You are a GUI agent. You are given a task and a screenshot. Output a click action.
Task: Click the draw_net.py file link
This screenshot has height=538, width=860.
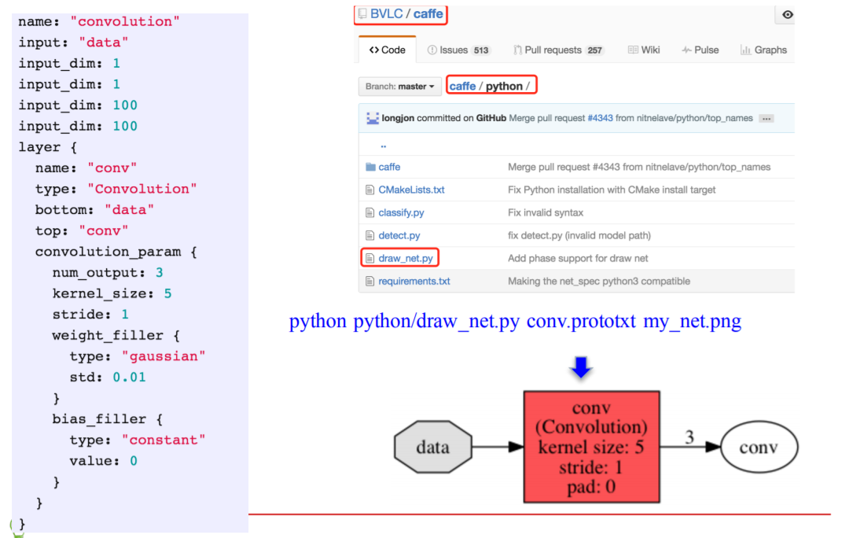tap(406, 258)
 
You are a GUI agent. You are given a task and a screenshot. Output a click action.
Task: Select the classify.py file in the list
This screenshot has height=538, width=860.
tap(401, 212)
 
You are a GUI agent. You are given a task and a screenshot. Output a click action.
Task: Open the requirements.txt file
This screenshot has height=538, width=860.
tap(414, 281)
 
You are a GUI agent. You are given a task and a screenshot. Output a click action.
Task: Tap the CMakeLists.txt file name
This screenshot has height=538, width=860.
tap(411, 190)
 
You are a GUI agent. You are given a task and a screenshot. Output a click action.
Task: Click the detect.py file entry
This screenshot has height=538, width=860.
tap(399, 235)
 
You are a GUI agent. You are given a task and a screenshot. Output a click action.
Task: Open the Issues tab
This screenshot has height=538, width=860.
tap(458, 50)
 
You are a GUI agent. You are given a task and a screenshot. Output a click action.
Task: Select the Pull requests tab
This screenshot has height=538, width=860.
tap(557, 50)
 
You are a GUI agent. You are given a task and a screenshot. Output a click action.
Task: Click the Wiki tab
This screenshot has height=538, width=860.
tap(644, 50)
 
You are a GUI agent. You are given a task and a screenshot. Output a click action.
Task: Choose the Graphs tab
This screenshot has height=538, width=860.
tap(763, 50)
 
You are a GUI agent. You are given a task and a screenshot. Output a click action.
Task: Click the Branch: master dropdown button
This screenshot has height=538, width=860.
tap(399, 87)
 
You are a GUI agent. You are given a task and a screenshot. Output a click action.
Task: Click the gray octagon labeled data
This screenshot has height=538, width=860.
tap(432, 448)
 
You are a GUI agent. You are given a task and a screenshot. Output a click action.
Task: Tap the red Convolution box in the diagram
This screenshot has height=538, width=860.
tap(591, 447)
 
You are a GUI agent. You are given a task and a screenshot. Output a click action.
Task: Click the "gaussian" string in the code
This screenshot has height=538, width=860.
tap(167, 356)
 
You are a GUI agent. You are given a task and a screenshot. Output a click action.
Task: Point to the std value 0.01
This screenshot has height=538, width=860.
tap(129, 377)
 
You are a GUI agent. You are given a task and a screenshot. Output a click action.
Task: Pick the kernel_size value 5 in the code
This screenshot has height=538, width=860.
tap(167, 293)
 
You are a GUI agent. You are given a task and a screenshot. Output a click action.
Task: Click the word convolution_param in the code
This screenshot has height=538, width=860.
tap(108, 252)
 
